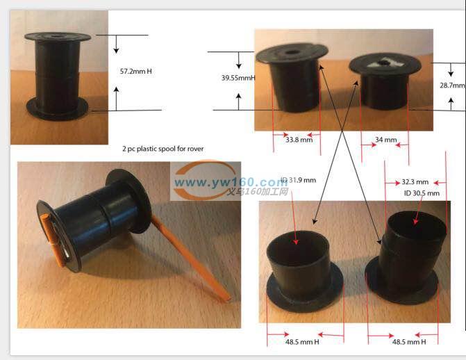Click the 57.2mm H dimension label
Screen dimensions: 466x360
(136, 72)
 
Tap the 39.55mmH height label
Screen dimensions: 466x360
(238, 78)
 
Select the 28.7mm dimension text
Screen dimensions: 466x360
(452, 85)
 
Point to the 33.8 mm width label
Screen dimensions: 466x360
(299, 140)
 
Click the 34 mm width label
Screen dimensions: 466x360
(385, 140)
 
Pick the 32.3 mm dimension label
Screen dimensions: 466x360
(415, 182)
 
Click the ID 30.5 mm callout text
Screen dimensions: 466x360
(422, 193)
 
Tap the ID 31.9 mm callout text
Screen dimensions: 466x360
(299, 180)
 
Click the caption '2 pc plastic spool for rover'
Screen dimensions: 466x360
(163, 149)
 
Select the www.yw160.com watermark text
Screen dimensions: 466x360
(231, 182)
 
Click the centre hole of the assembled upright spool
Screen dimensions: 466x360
(56, 37)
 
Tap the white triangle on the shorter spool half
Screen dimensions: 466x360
(385, 63)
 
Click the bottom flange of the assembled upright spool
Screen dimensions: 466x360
(58, 109)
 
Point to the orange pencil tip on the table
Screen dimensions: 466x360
(228, 298)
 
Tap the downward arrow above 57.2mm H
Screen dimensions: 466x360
(116, 44)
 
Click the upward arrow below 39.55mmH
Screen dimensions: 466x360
(239, 101)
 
